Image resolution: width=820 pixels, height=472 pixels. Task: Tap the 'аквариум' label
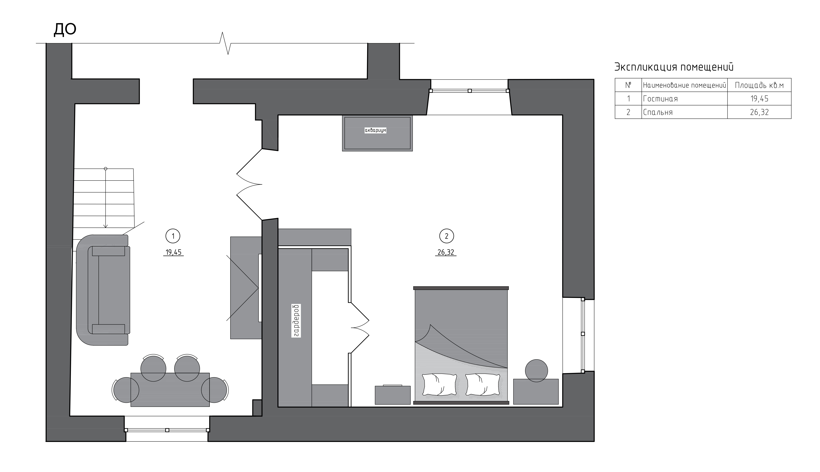[376, 130]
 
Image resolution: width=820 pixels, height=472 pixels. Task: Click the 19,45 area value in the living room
[174, 252]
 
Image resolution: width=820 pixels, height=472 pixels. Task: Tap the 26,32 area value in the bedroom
[446, 252]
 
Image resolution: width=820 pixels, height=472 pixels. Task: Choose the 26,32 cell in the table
[759, 112]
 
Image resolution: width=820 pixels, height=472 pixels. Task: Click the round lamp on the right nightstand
[537, 371]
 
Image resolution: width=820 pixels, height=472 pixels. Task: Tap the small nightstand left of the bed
[393, 395]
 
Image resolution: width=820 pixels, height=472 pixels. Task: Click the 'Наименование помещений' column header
[684, 85]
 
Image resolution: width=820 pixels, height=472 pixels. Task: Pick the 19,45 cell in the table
[759, 99]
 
